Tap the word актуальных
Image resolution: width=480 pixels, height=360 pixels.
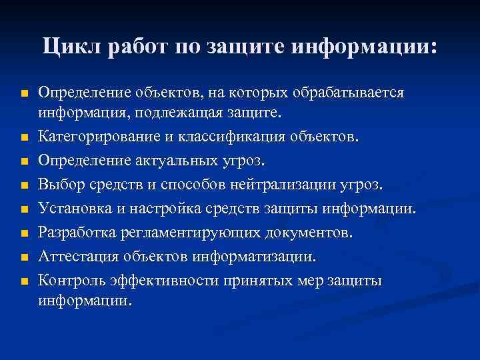[x=169, y=161]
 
